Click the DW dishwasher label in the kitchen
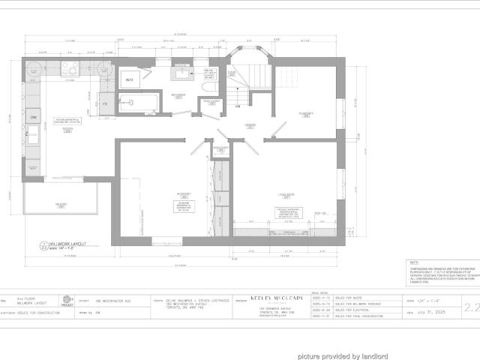point(34,118)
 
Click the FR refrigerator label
point(105,103)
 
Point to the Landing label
point(250,124)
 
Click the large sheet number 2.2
point(472,306)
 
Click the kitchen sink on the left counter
point(34,135)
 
